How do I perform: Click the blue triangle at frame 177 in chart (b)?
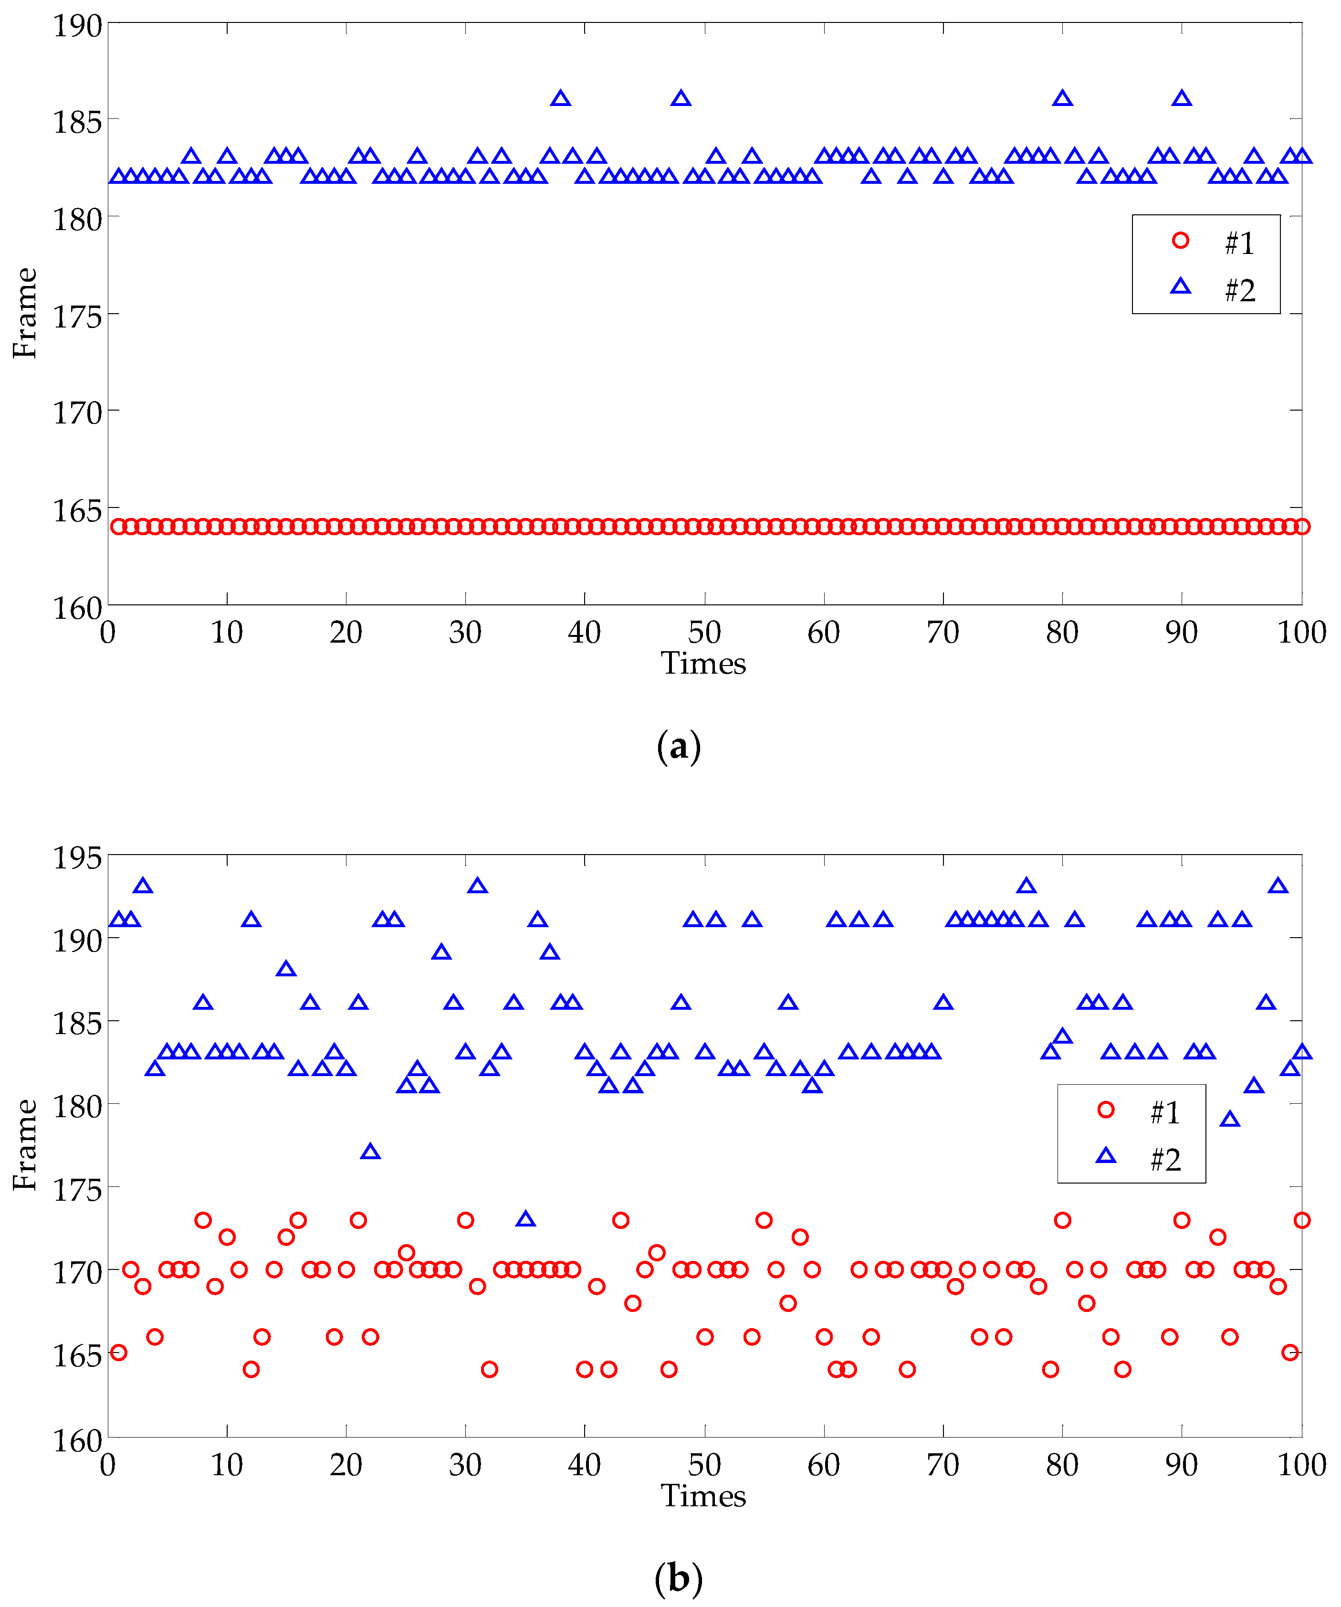pos(370,1152)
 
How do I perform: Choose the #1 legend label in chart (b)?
pos(1165,1113)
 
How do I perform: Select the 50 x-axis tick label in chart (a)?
pos(704,633)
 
